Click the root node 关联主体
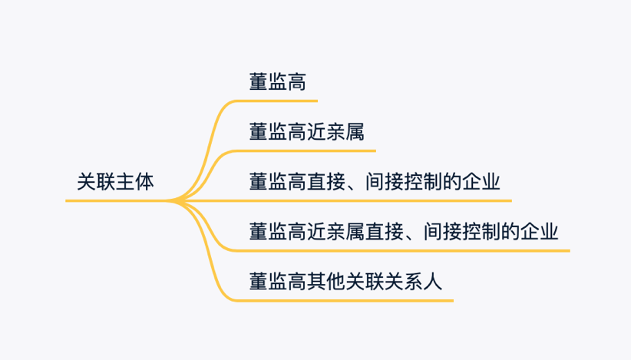click(x=115, y=183)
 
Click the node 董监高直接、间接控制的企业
click(x=375, y=183)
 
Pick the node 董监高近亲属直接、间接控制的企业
click(x=404, y=232)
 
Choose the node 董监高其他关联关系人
click(x=346, y=282)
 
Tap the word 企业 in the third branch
click(x=481, y=183)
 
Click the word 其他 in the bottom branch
click(x=326, y=282)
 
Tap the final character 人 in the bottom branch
click(x=434, y=282)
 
